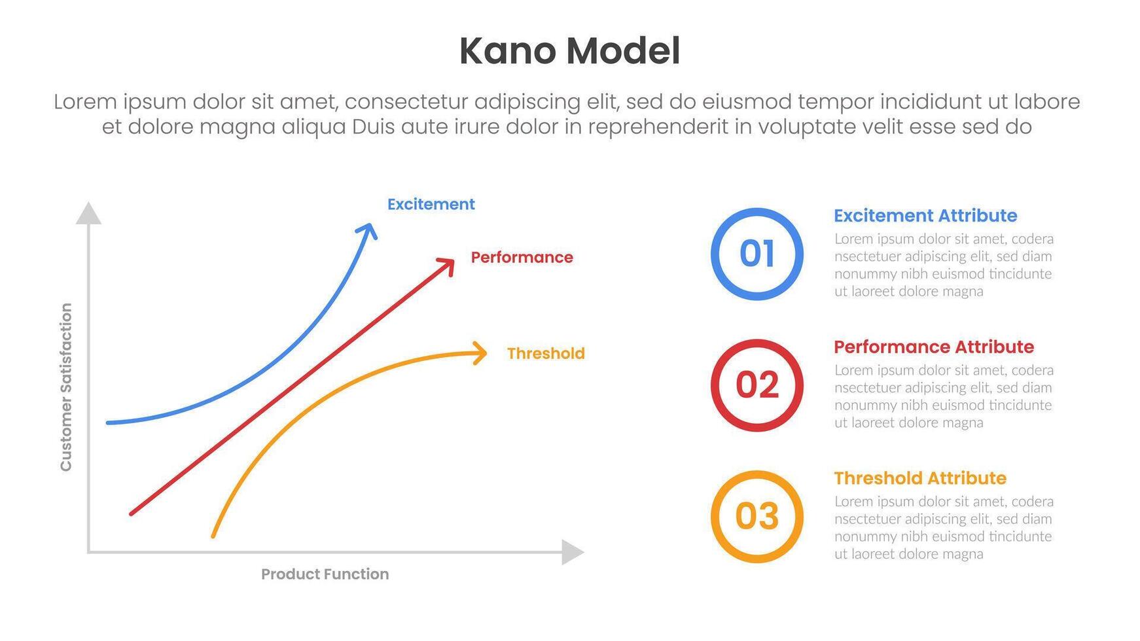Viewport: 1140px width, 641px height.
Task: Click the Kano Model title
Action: [569, 51]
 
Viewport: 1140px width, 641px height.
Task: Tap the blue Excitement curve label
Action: [431, 204]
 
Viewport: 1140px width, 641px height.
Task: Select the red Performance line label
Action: [522, 257]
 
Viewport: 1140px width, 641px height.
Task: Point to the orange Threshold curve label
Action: [545, 353]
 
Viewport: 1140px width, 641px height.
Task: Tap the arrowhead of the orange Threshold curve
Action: [482, 353]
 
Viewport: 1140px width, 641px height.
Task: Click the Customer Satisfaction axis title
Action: [65, 387]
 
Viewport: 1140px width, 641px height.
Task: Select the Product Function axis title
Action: [325, 574]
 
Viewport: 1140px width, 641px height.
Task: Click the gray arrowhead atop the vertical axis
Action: [88, 214]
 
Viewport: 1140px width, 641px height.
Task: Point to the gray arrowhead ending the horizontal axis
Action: [572, 552]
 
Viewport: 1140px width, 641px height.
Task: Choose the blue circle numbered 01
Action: [757, 254]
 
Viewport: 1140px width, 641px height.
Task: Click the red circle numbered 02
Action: [757, 385]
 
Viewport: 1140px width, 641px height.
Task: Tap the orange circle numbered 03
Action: [757, 516]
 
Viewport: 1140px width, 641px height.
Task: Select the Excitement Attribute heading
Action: [925, 216]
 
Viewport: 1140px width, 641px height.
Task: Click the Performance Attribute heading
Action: [933, 347]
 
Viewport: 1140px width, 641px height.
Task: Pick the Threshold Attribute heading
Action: [919, 478]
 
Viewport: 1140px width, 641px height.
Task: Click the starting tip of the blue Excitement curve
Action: [109, 423]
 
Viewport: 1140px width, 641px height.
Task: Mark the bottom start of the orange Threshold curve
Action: [213, 536]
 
